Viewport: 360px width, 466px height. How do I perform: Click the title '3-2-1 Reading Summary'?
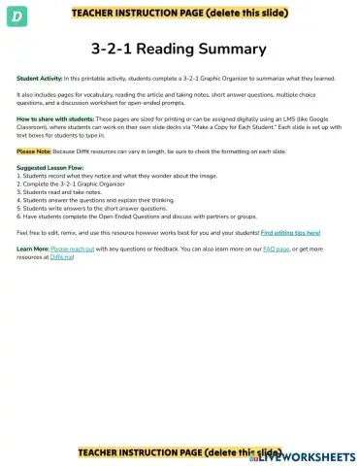179,48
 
